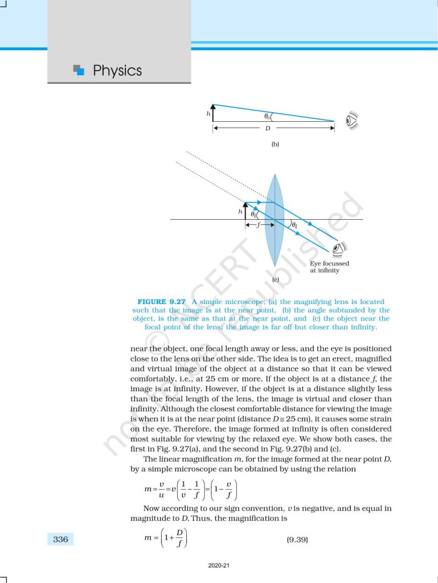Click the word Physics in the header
[117, 71]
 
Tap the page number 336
[60, 539]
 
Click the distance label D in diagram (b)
[268, 128]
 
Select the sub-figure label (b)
[275, 145]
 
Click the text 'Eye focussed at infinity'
[329, 267]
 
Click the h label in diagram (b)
[208, 114]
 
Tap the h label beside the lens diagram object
[240, 211]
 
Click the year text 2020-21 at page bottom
[219, 566]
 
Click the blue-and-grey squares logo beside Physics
[79, 70]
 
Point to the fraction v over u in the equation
[158, 490]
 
